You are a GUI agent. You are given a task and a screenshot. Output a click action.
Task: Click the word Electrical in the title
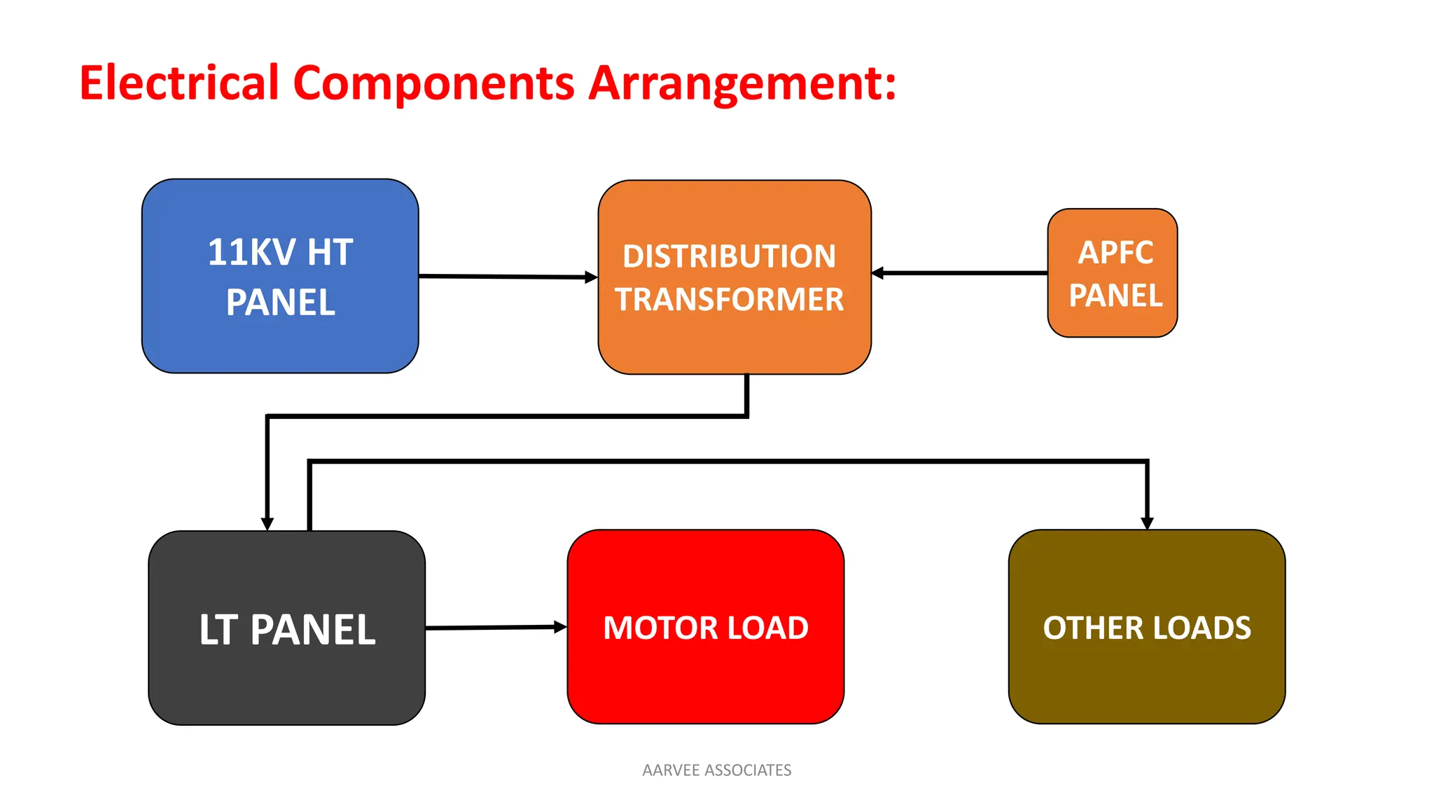[x=179, y=83]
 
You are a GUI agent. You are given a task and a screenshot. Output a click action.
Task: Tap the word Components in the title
[x=433, y=83]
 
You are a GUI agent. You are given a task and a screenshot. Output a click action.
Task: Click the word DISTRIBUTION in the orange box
[x=729, y=256]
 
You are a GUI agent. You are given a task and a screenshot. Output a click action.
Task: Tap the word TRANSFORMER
[x=729, y=300]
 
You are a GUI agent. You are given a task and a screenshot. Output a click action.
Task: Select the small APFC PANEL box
[x=1112, y=273]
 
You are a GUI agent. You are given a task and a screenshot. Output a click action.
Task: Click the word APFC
[x=1115, y=252]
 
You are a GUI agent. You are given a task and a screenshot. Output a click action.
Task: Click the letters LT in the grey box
[x=218, y=630]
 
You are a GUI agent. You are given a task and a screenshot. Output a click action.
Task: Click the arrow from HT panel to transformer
[x=508, y=277]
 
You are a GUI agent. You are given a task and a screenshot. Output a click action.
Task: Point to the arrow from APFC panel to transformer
[x=959, y=273]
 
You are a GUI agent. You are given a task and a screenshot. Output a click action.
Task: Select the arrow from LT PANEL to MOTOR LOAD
[x=496, y=628]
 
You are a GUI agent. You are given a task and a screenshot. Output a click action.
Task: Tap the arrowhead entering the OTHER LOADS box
[x=1147, y=523]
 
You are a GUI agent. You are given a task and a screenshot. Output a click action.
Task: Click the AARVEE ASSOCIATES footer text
[x=716, y=770]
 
